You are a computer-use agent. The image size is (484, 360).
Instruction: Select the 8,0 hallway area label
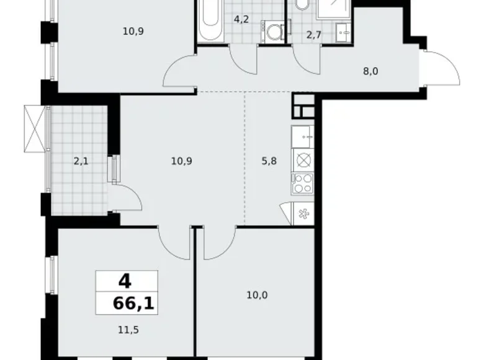[371, 71]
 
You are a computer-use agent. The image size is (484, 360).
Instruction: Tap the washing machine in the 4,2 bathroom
[273, 31]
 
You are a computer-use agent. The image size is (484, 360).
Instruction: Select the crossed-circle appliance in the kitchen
[304, 160]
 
